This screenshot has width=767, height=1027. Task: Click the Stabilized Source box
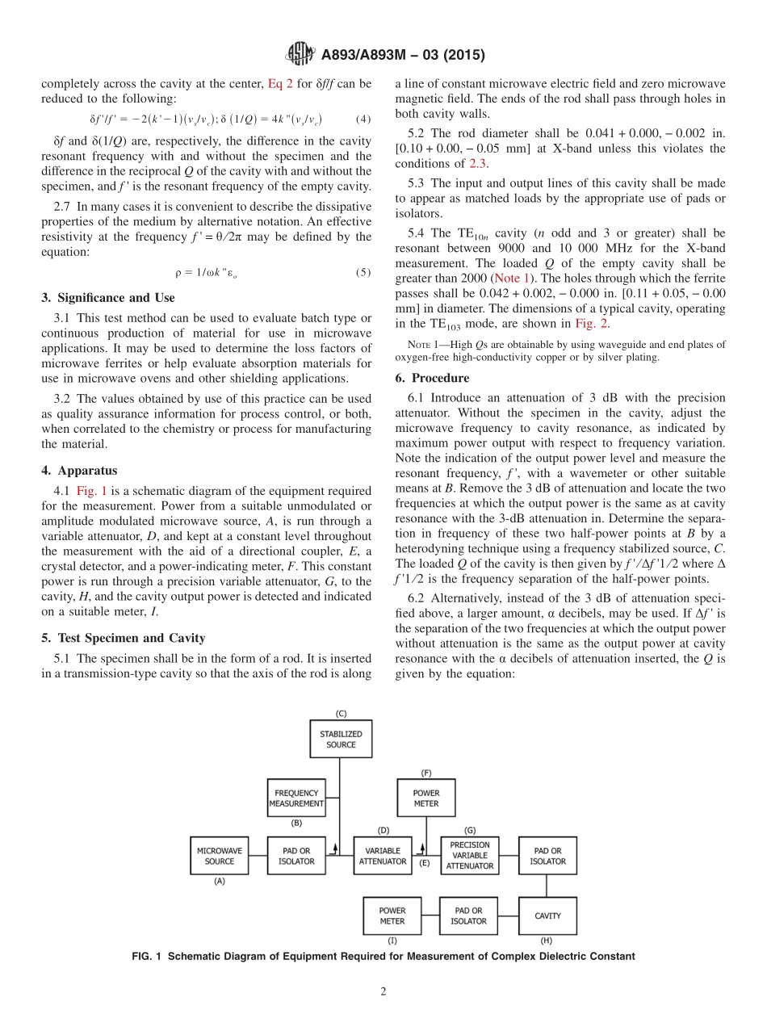coord(341,740)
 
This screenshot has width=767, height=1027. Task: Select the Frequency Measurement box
coord(296,798)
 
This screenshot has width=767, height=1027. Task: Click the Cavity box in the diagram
coord(547,916)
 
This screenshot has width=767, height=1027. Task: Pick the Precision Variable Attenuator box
coord(470,856)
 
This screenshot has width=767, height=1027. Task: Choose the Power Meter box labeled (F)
coord(426,798)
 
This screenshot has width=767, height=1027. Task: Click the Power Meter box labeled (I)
coord(392,916)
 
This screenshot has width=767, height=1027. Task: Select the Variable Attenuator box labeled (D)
coord(383,856)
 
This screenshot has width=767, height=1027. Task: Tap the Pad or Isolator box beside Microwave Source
coord(296,856)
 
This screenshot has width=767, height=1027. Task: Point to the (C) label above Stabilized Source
coord(341,713)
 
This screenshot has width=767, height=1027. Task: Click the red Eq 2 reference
coord(279,83)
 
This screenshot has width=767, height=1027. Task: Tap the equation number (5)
coord(363,272)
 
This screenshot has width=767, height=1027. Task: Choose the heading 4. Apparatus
coord(79,471)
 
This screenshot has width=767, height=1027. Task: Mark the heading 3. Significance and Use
coord(107,297)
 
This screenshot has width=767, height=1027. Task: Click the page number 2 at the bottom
coord(383,991)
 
